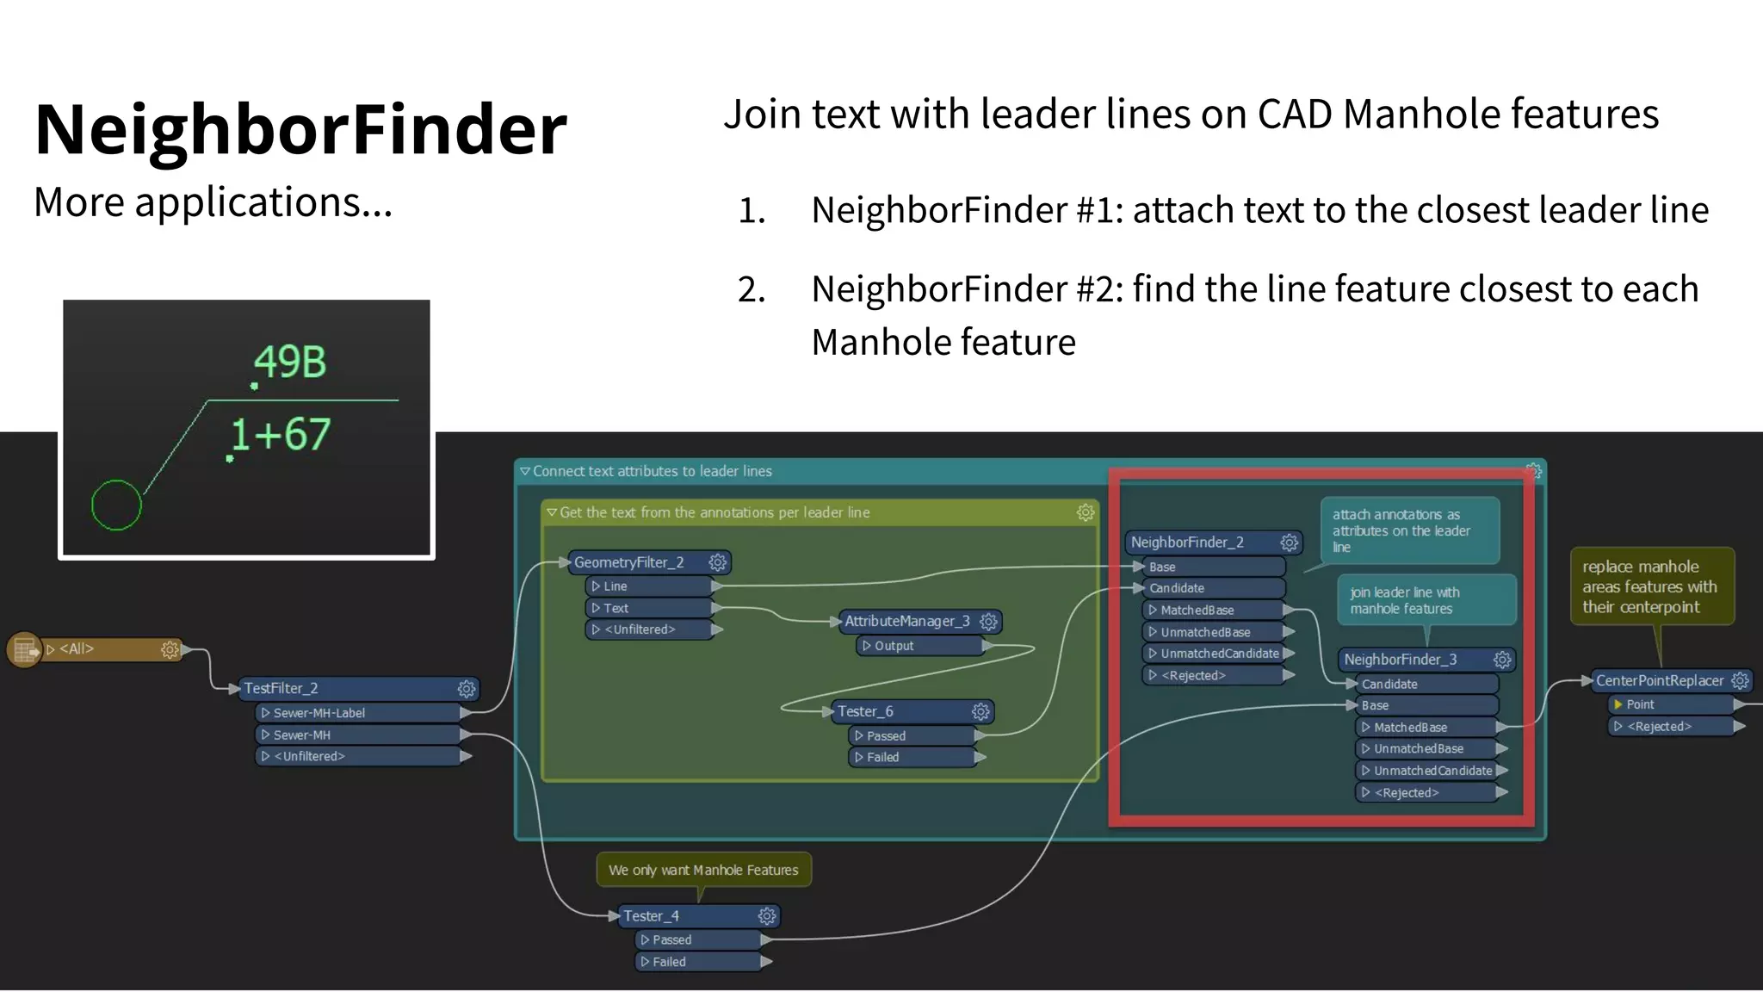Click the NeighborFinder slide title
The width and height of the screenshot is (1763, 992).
(300, 129)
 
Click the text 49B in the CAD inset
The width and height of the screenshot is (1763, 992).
(290, 362)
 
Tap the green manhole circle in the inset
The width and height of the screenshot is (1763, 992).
(116, 505)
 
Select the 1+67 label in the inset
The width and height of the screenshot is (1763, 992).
(281, 434)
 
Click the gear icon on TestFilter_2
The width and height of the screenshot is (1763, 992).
(466, 688)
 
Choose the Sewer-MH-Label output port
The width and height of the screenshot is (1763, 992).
(357, 713)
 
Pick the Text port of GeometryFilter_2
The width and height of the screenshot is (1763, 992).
(650, 608)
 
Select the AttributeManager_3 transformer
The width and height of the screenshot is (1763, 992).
(906, 621)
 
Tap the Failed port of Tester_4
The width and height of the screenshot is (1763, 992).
(697, 962)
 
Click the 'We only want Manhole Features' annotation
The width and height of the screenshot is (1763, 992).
(703, 870)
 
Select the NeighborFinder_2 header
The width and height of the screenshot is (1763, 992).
(1188, 542)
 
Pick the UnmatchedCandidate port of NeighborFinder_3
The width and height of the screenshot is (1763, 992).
(1431, 771)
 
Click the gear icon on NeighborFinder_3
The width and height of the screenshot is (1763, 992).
(1502, 660)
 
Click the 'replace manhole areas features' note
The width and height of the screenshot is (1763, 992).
(1651, 586)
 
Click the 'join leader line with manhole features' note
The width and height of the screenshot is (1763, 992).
(1426, 600)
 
